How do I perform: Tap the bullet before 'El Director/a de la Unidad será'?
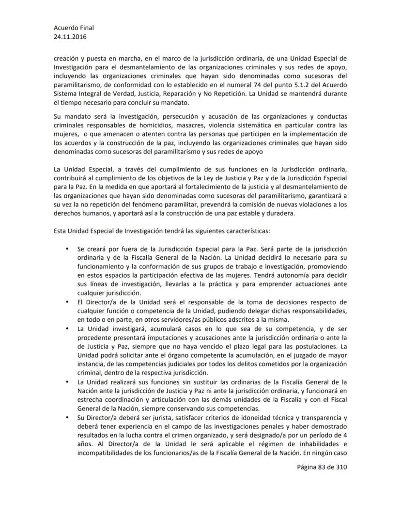(x=66, y=303)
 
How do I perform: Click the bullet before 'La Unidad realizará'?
(x=66, y=383)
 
